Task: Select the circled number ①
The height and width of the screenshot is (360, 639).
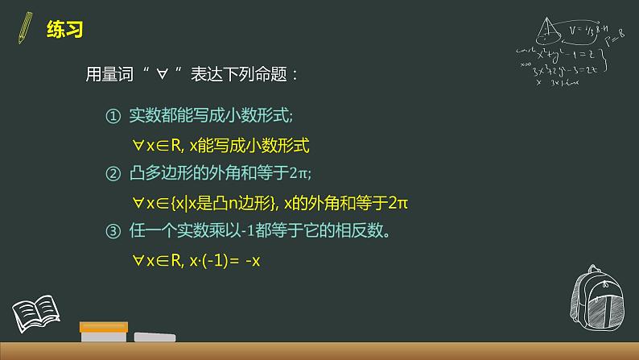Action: click(x=113, y=117)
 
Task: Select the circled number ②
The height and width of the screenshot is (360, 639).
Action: click(x=113, y=172)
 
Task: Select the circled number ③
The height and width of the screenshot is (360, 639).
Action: click(x=113, y=231)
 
